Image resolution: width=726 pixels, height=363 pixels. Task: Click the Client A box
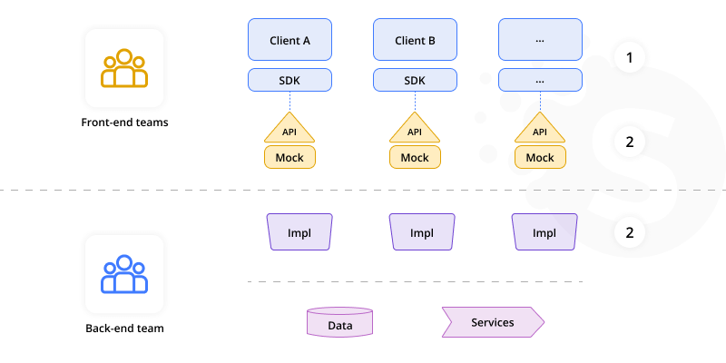click(289, 41)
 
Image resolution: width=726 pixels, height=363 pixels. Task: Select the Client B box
click(415, 41)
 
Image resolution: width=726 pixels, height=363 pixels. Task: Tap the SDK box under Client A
click(289, 80)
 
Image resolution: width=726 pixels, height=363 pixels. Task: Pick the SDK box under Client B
click(415, 80)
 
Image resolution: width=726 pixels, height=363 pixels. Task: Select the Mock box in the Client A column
click(289, 157)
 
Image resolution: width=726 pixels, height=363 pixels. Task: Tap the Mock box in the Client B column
click(415, 157)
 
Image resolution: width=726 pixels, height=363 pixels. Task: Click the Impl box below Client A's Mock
click(299, 232)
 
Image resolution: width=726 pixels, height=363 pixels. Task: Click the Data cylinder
click(340, 323)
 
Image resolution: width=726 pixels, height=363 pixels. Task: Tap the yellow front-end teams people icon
click(124, 69)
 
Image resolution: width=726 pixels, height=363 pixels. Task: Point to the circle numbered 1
click(629, 59)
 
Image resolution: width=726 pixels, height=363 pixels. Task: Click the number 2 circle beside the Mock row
click(629, 142)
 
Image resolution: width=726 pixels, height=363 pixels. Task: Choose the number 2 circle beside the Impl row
click(629, 232)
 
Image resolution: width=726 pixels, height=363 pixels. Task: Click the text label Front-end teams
click(124, 122)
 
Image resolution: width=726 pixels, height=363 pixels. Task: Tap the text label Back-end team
click(124, 328)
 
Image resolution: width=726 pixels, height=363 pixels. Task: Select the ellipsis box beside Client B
click(540, 41)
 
